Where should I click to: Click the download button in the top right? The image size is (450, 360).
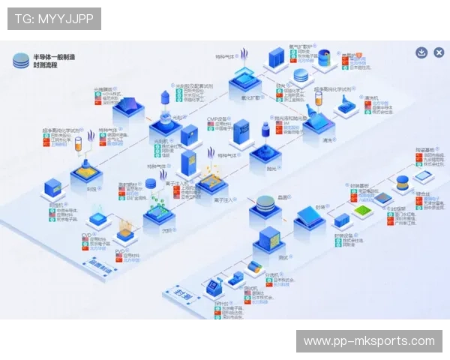coord(421,52)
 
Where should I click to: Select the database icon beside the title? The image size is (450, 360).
coord(20,61)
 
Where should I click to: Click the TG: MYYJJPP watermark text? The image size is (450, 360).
coord(54,19)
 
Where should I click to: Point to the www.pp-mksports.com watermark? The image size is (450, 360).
coord(369,341)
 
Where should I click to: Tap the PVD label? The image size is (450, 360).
coord(119,251)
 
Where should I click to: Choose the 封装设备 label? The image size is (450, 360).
coord(344,235)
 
